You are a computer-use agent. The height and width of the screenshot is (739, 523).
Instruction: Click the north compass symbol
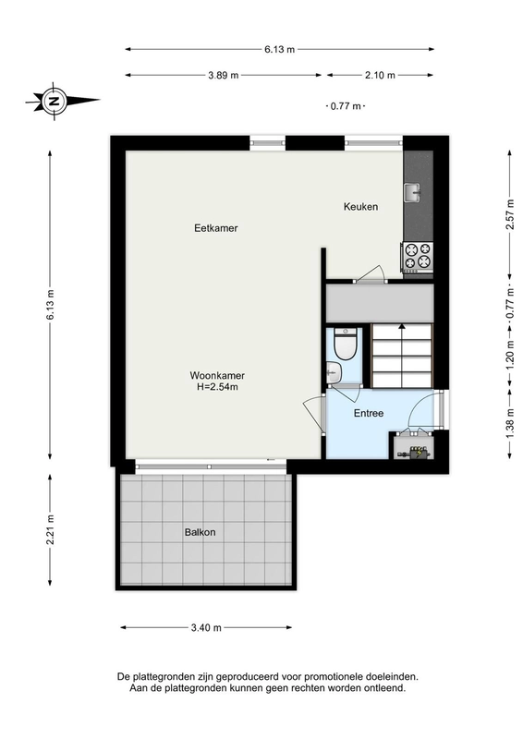coord(55,101)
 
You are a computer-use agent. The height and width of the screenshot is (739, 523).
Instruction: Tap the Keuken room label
coord(360,206)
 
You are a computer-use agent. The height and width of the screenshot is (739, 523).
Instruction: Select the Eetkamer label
coord(216,228)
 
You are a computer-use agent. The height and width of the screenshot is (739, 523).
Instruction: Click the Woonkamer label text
coord(217,376)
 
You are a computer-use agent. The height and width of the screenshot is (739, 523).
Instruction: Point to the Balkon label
coord(200,532)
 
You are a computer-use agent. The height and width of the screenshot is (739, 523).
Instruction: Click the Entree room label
coord(369,413)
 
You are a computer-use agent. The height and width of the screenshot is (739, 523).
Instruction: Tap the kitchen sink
coord(412,192)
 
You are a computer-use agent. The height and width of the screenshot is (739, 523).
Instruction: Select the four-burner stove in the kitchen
coord(418,257)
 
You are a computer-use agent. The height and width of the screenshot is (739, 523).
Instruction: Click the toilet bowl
coord(346,345)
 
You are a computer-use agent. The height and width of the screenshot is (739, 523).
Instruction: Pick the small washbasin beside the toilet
coord(334,372)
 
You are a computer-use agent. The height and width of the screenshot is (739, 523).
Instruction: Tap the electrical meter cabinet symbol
coord(415,452)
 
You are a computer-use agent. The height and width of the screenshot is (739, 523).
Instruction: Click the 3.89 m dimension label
coord(224,75)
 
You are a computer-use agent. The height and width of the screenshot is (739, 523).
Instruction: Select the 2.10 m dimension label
coord(380,75)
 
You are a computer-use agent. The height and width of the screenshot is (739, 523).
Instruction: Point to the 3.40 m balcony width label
coord(206,628)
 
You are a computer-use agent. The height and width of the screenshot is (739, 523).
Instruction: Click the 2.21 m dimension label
coord(50,529)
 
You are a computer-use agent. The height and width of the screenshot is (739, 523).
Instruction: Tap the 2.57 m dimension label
coord(510,214)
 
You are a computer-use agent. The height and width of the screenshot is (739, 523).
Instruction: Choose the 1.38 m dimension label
coord(510,423)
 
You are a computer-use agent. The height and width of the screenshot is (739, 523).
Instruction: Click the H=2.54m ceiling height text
coord(217,387)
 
